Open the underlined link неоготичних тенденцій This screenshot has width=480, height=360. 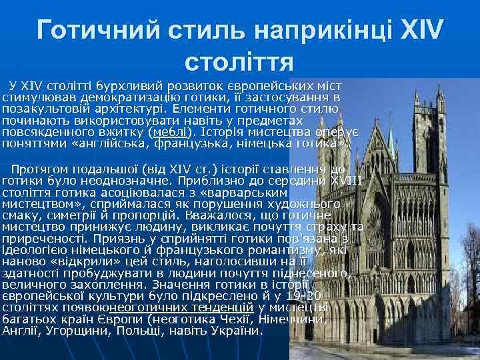181,307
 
